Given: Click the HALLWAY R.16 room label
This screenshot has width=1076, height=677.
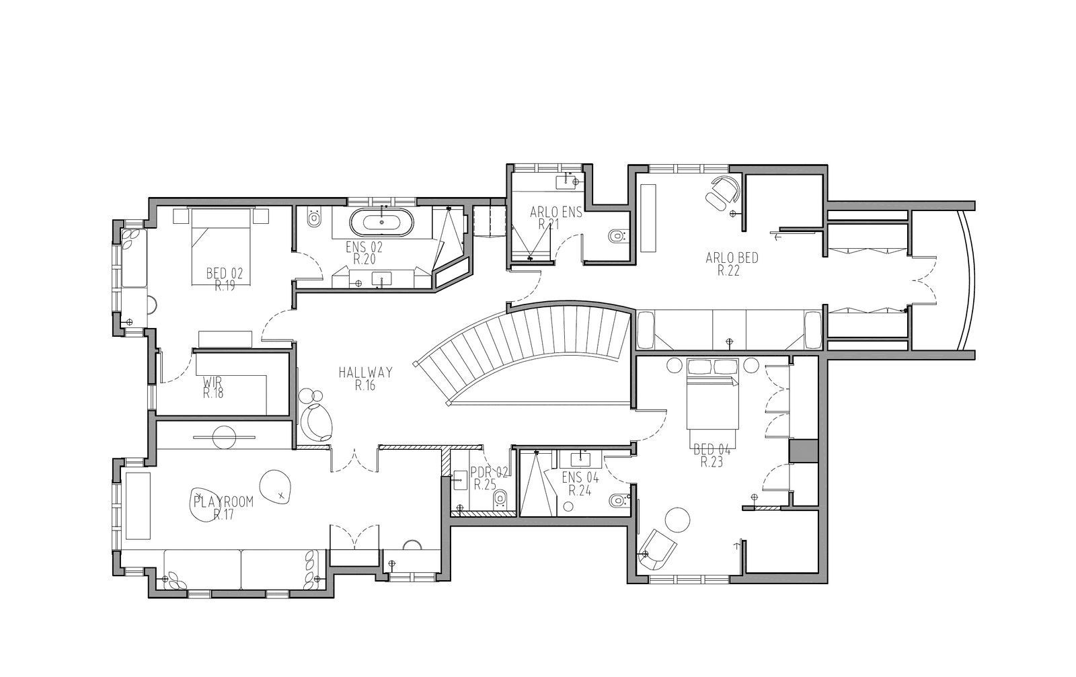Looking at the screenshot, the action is point(365,379).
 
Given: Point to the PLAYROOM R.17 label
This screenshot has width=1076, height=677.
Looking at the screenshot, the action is point(223,508).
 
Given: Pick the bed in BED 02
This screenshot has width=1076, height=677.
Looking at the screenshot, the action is point(221,246).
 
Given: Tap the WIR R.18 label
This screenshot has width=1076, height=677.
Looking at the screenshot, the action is point(213,387).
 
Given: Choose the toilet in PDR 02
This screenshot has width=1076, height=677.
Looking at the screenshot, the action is point(500,500).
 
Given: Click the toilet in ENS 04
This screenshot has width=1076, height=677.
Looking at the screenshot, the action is point(618,500).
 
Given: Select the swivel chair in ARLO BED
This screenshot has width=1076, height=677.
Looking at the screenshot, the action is point(723,193).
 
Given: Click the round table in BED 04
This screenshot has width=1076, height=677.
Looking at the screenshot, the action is point(677,520).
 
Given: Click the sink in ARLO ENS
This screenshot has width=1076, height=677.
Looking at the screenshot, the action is point(567,182).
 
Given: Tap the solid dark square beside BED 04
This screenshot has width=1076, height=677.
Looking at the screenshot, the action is point(804,451).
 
